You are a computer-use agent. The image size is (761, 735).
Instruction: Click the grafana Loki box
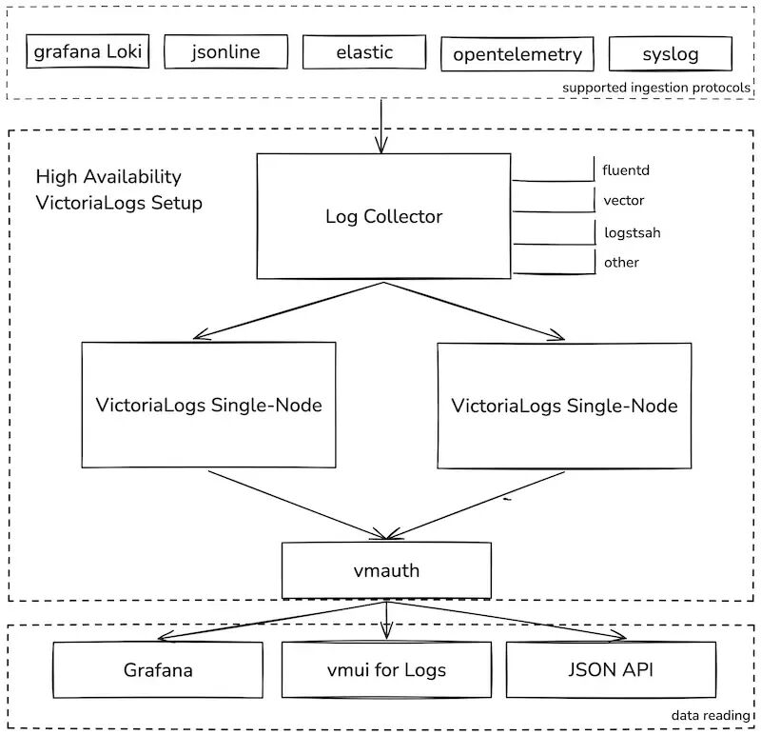tap(88, 51)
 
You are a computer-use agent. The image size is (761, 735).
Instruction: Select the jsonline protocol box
tap(225, 52)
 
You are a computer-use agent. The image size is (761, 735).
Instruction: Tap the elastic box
tap(364, 52)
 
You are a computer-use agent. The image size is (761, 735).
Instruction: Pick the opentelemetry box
tap(517, 54)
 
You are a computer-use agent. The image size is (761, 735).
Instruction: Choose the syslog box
tap(670, 54)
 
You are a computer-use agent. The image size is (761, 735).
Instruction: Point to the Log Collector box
tap(384, 217)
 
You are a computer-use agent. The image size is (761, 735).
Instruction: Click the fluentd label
tap(626, 171)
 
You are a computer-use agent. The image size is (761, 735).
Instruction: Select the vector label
tap(624, 201)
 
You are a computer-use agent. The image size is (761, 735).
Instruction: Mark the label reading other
tap(621, 262)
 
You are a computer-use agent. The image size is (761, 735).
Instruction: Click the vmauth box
tap(386, 570)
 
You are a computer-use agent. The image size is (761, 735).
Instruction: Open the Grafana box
tap(158, 669)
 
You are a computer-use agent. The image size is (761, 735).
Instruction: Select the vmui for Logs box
tap(386, 669)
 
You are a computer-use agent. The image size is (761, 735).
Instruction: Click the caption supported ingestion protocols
tap(656, 88)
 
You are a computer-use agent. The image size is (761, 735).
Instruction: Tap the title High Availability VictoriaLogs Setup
tap(119, 189)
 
